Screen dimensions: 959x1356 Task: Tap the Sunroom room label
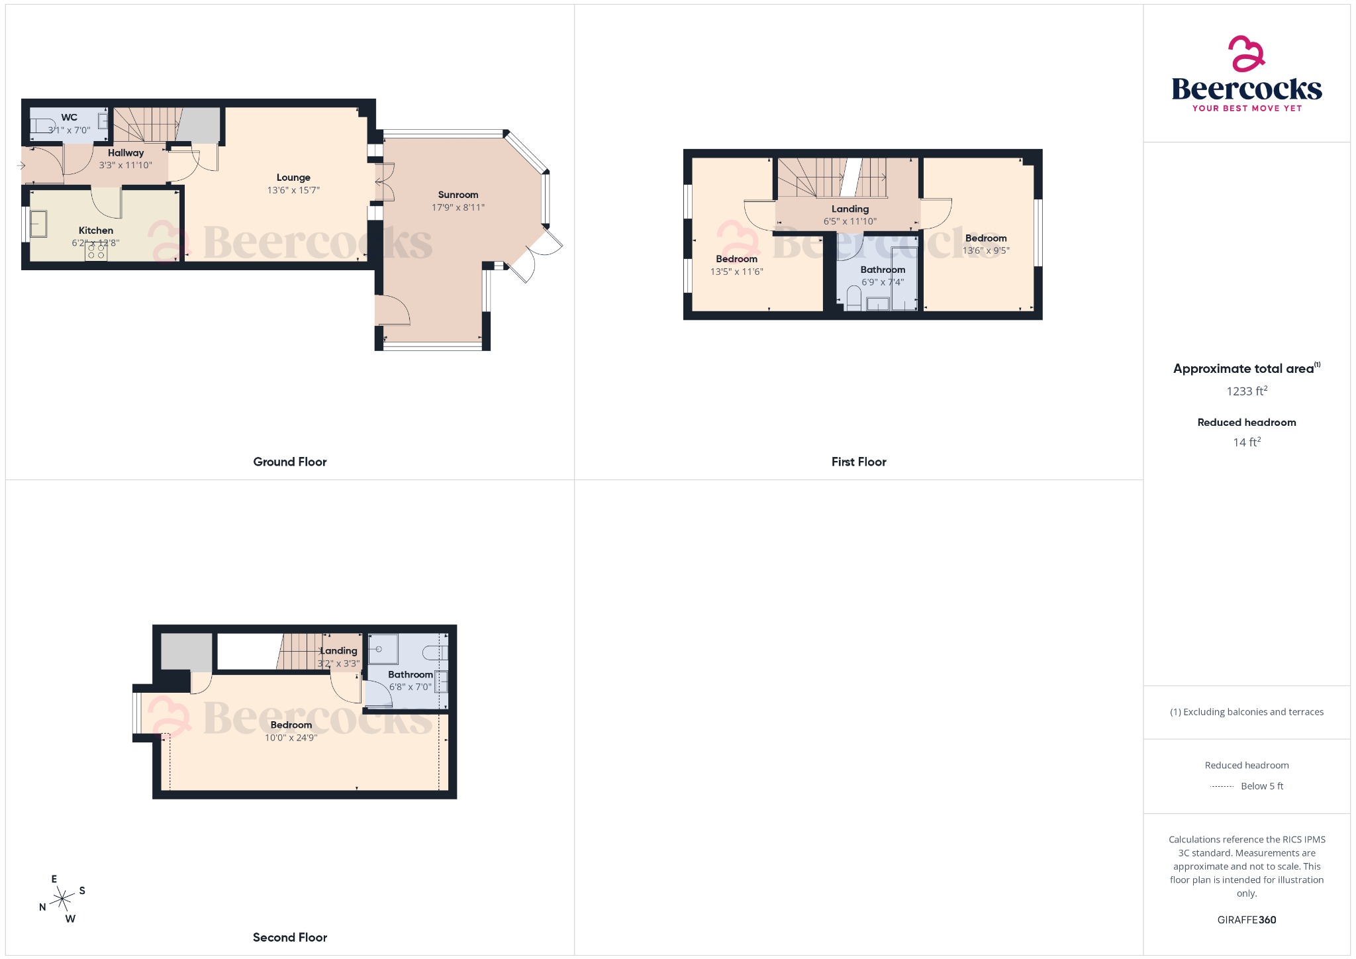point(458,195)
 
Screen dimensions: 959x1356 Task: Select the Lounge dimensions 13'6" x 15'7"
point(293,190)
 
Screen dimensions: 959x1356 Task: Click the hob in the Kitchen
point(96,251)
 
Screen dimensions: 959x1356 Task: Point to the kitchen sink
point(38,224)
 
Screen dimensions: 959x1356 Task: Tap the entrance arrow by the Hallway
point(21,165)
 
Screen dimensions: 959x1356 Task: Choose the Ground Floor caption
point(289,462)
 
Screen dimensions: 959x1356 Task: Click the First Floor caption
point(858,462)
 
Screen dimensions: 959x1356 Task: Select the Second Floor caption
point(289,937)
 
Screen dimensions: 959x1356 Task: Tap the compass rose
point(63,899)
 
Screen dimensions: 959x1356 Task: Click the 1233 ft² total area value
point(1246,391)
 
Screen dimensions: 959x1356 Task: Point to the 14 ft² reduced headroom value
point(1246,442)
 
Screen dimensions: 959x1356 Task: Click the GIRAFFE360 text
point(1246,919)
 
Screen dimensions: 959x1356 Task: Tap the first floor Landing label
point(849,209)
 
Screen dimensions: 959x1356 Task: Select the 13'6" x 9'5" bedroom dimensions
point(985,250)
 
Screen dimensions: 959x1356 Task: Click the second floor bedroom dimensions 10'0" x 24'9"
point(291,738)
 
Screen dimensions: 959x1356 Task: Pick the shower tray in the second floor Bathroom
point(383,650)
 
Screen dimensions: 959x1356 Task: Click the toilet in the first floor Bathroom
point(853,299)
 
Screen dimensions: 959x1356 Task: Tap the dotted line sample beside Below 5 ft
point(1222,786)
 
